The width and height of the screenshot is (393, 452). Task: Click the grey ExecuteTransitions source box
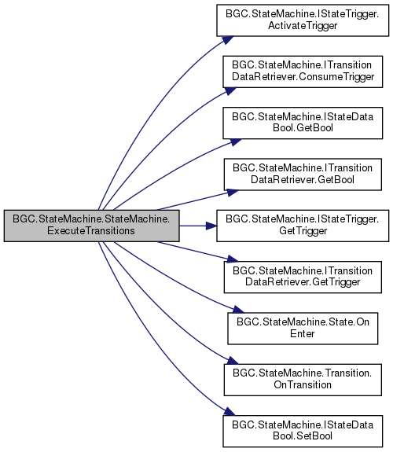click(x=91, y=226)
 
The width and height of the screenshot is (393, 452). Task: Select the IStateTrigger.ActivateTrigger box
click(x=303, y=20)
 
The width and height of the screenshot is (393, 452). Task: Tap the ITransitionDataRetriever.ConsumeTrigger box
click(x=303, y=72)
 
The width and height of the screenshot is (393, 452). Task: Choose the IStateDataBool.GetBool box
click(x=303, y=123)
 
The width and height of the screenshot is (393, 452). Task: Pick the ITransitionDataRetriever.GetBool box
click(x=303, y=175)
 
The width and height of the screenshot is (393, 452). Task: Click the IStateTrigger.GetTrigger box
click(x=303, y=226)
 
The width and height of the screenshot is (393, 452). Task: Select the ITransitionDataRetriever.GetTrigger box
click(x=303, y=277)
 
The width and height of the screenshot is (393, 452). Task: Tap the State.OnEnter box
click(x=303, y=329)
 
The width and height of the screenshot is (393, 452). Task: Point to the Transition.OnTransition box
click(x=303, y=380)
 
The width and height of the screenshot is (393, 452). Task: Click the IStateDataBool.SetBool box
click(x=303, y=432)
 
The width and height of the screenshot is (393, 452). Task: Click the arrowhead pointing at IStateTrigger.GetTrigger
click(x=211, y=226)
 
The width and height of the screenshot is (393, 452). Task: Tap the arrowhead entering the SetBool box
click(x=230, y=412)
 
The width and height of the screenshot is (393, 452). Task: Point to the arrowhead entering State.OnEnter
click(x=238, y=310)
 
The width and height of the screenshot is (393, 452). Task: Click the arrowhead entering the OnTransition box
click(x=233, y=360)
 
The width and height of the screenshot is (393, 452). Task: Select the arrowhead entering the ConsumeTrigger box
click(x=230, y=91)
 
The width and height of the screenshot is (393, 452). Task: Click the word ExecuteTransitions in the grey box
click(x=91, y=231)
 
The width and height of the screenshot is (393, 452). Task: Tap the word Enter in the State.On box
click(x=303, y=333)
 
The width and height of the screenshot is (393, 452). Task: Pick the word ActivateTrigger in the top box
click(x=303, y=26)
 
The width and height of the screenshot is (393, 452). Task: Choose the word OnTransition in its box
click(x=303, y=385)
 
